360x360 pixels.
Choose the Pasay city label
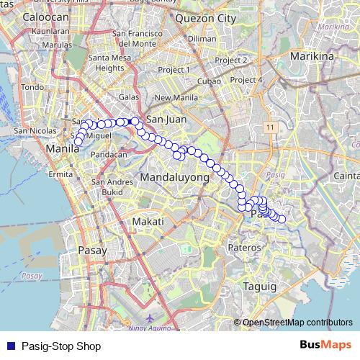[91, 251]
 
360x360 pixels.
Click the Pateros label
[244, 248]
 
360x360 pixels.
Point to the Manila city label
[61, 149]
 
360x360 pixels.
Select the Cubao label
[209, 81]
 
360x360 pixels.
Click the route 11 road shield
[269, 127]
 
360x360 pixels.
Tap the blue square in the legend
[10, 346]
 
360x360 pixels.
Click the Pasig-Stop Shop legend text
[61, 346]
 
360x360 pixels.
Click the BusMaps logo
[325, 345]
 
